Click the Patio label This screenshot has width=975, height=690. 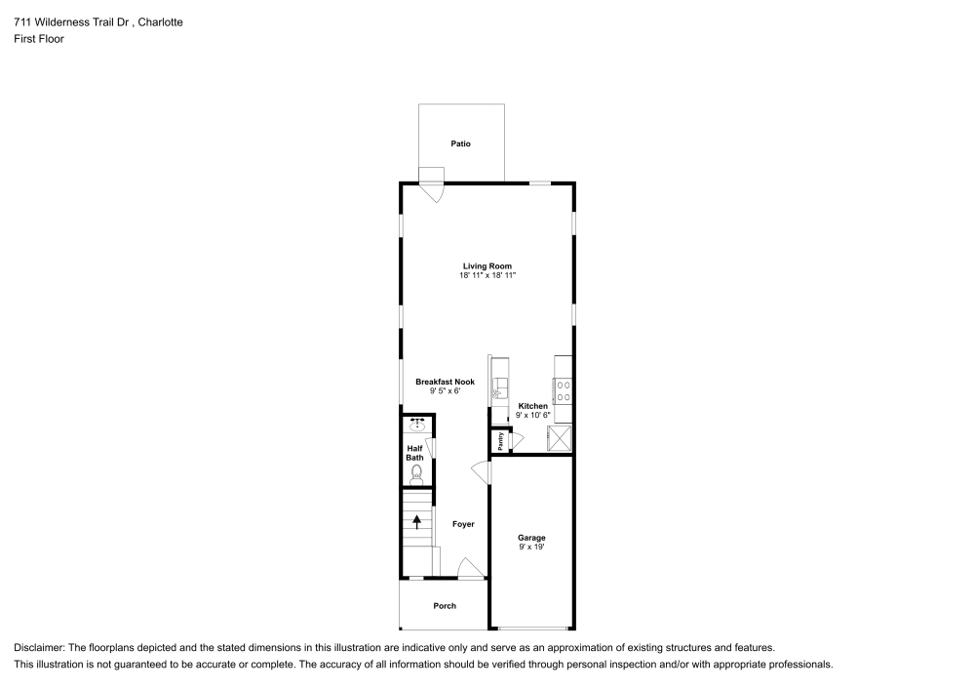coord(460,143)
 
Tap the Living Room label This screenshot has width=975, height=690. coord(487,265)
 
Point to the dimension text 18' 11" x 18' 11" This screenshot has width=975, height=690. coord(487,276)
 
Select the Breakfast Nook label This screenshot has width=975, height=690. coord(445,382)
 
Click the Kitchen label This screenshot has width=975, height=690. coord(532,406)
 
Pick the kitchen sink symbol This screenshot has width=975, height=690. coord(500,386)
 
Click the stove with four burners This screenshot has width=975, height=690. coord(563,391)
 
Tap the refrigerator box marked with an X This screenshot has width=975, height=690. coord(561,437)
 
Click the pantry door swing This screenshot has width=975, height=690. coord(511,440)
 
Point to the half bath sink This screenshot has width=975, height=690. coord(418,425)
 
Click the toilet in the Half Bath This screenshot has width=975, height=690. coord(417,474)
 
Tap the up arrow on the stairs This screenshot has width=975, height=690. coord(417,520)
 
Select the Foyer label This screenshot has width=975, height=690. coord(463,524)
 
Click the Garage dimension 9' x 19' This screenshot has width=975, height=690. coord(531,548)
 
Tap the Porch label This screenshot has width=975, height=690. coord(444,606)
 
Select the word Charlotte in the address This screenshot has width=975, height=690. coord(158,21)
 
